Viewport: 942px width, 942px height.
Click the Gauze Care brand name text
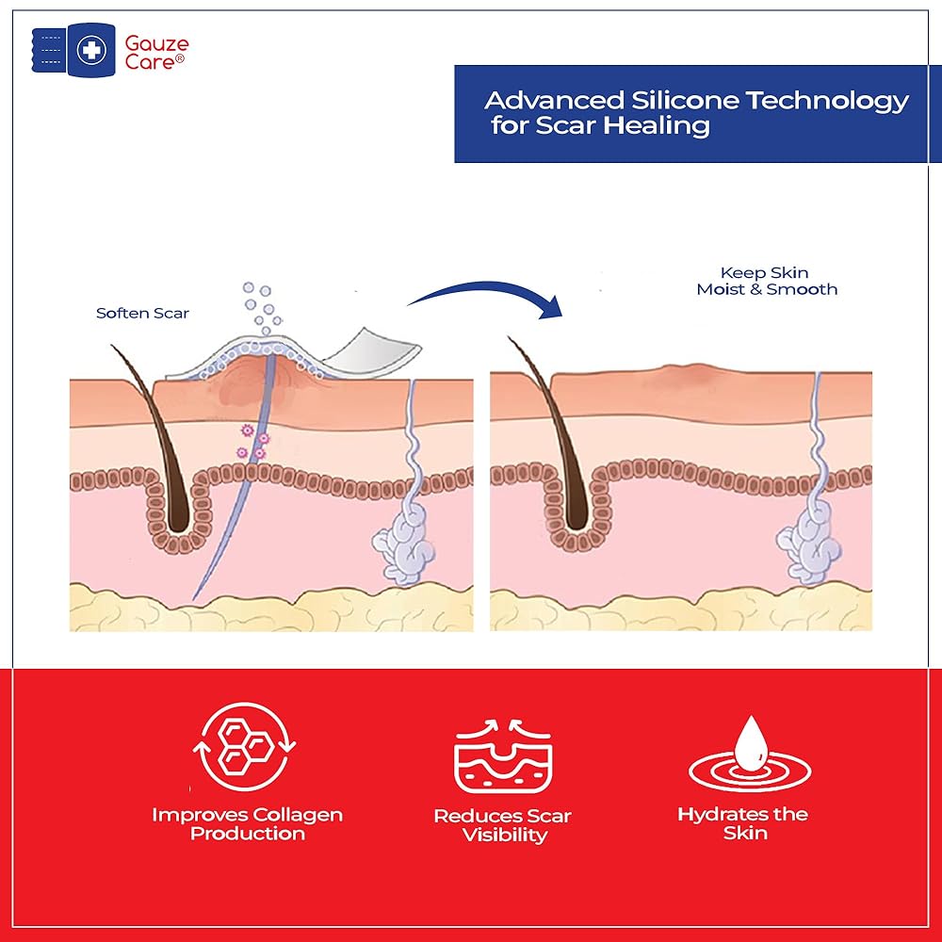(156, 52)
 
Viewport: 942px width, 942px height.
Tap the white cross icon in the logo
(91, 50)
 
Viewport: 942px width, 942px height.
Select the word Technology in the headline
(827, 102)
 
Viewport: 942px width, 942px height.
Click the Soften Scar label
(142, 313)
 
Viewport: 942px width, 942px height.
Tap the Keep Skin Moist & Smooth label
(767, 281)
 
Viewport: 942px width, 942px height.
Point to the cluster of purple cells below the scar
(252, 442)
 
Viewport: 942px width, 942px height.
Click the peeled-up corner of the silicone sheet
(376, 350)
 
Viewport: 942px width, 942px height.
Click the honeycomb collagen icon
(245, 746)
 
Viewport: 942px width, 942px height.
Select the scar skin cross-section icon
(503, 755)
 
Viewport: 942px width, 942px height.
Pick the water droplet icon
(751, 743)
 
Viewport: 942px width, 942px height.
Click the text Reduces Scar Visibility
(503, 825)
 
